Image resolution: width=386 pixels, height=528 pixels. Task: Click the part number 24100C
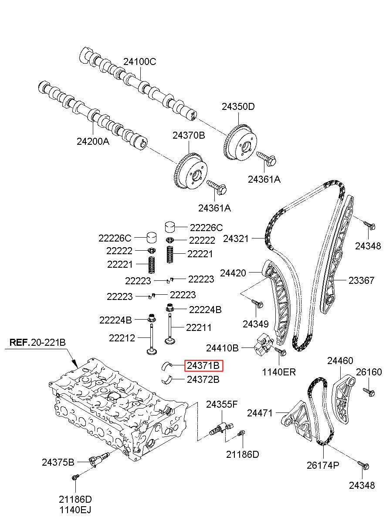[139, 61]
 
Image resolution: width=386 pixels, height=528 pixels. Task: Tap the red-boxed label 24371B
[204, 365]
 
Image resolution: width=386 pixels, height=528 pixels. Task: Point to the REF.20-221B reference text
[37, 342]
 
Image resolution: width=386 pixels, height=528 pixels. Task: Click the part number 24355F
[222, 405]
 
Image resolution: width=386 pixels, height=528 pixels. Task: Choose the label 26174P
[322, 466]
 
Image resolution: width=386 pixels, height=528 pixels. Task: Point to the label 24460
[340, 361]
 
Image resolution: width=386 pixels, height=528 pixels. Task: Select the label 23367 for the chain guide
[361, 280]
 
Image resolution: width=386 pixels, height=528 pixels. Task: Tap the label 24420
[233, 273]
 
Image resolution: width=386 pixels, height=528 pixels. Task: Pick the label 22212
[122, 337]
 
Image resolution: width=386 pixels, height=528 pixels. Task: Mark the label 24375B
[58, 462]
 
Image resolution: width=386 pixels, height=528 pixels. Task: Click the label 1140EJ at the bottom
[75, 509]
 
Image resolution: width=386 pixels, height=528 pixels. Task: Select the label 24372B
[203, 379]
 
